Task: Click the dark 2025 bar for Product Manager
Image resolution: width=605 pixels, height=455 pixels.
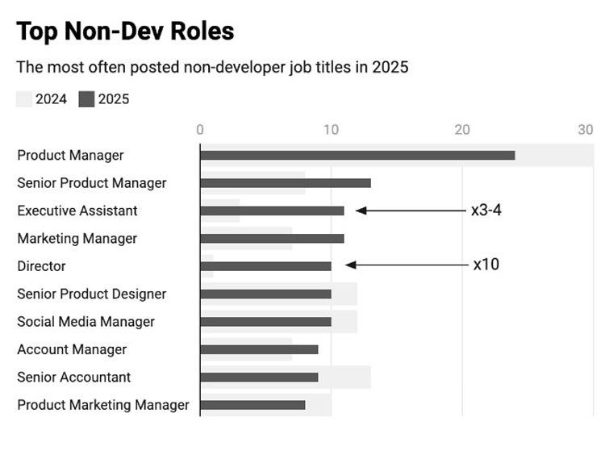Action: pos(357,155)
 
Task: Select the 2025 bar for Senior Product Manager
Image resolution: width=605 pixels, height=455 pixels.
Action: pos(286,183)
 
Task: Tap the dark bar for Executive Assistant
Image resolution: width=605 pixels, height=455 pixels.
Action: pos(273,211)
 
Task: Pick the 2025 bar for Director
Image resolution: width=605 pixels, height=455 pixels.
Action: pos(266,266)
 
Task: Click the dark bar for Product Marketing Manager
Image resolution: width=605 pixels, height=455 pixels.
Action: pos(252,405)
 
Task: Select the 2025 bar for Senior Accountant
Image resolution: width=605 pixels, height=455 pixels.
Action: pos(259,377)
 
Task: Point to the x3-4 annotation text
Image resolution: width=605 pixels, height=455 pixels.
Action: pos(486,211)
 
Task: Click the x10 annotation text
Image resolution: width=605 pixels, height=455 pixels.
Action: pos(486,265)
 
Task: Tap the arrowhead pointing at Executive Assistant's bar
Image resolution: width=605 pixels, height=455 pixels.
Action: pos(361,211)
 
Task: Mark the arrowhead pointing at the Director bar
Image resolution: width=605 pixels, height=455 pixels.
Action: pos(350,265)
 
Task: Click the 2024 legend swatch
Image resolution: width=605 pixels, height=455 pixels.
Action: pos(24,99)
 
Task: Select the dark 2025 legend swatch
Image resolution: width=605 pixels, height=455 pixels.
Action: pos(86,99)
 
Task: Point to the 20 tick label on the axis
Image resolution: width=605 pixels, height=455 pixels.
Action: pos(462,130)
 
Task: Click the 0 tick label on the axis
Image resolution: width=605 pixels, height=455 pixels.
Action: pos(200,130)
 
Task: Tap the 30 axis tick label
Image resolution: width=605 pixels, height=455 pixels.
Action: pos(586,130)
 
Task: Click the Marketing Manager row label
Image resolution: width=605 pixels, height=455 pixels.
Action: pos(77,239)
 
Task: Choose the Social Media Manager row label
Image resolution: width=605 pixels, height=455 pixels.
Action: pos(86,322)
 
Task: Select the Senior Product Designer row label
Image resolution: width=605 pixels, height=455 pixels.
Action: pos(92,294)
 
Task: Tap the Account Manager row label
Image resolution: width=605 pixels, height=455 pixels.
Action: pos(72,349)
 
